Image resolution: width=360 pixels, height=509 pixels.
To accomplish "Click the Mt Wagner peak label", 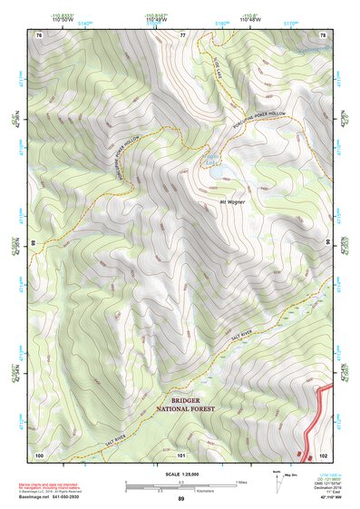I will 233,202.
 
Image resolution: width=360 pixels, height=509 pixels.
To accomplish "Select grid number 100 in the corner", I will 39,454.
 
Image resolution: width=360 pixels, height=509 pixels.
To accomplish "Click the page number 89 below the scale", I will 180,498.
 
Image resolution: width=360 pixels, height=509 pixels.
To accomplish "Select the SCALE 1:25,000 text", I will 180,474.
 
